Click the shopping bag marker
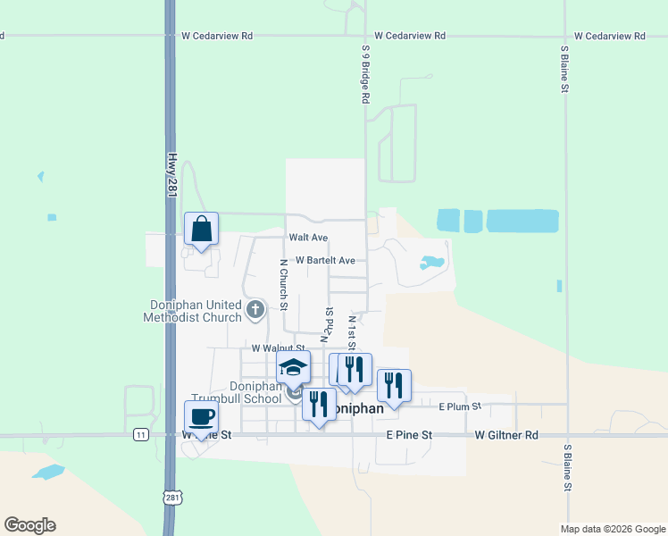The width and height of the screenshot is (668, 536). point(201,229)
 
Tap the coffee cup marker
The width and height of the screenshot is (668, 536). point(201,416)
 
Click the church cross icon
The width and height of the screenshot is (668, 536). point(255,311)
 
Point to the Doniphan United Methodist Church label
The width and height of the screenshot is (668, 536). point(196,311)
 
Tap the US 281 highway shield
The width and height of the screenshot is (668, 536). point(171,497)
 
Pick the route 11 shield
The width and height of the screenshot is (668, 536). point(140,434)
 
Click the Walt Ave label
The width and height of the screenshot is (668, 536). point(308,238)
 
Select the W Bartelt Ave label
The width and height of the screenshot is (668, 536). point(326,261)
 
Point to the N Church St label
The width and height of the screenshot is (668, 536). point(282,285)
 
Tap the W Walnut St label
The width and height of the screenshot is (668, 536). point(279,348)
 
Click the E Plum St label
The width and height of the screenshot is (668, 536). point(460,406)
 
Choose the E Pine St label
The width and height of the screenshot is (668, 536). point(409,435)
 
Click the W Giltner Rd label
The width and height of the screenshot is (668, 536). point(506,435)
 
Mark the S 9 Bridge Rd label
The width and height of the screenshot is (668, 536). point(365,75)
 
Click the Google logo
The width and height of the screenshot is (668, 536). point(29,525)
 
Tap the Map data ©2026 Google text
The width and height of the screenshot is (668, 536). point(612,529)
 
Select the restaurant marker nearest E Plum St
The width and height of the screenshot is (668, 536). point(393,385)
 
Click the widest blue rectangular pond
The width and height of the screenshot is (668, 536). point(522,221)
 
